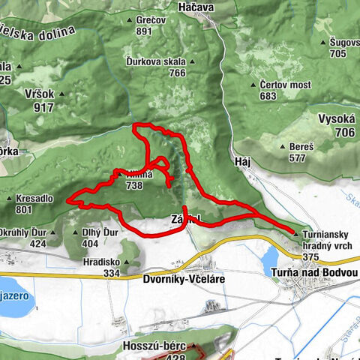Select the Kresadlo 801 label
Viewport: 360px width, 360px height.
coord(34,203)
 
